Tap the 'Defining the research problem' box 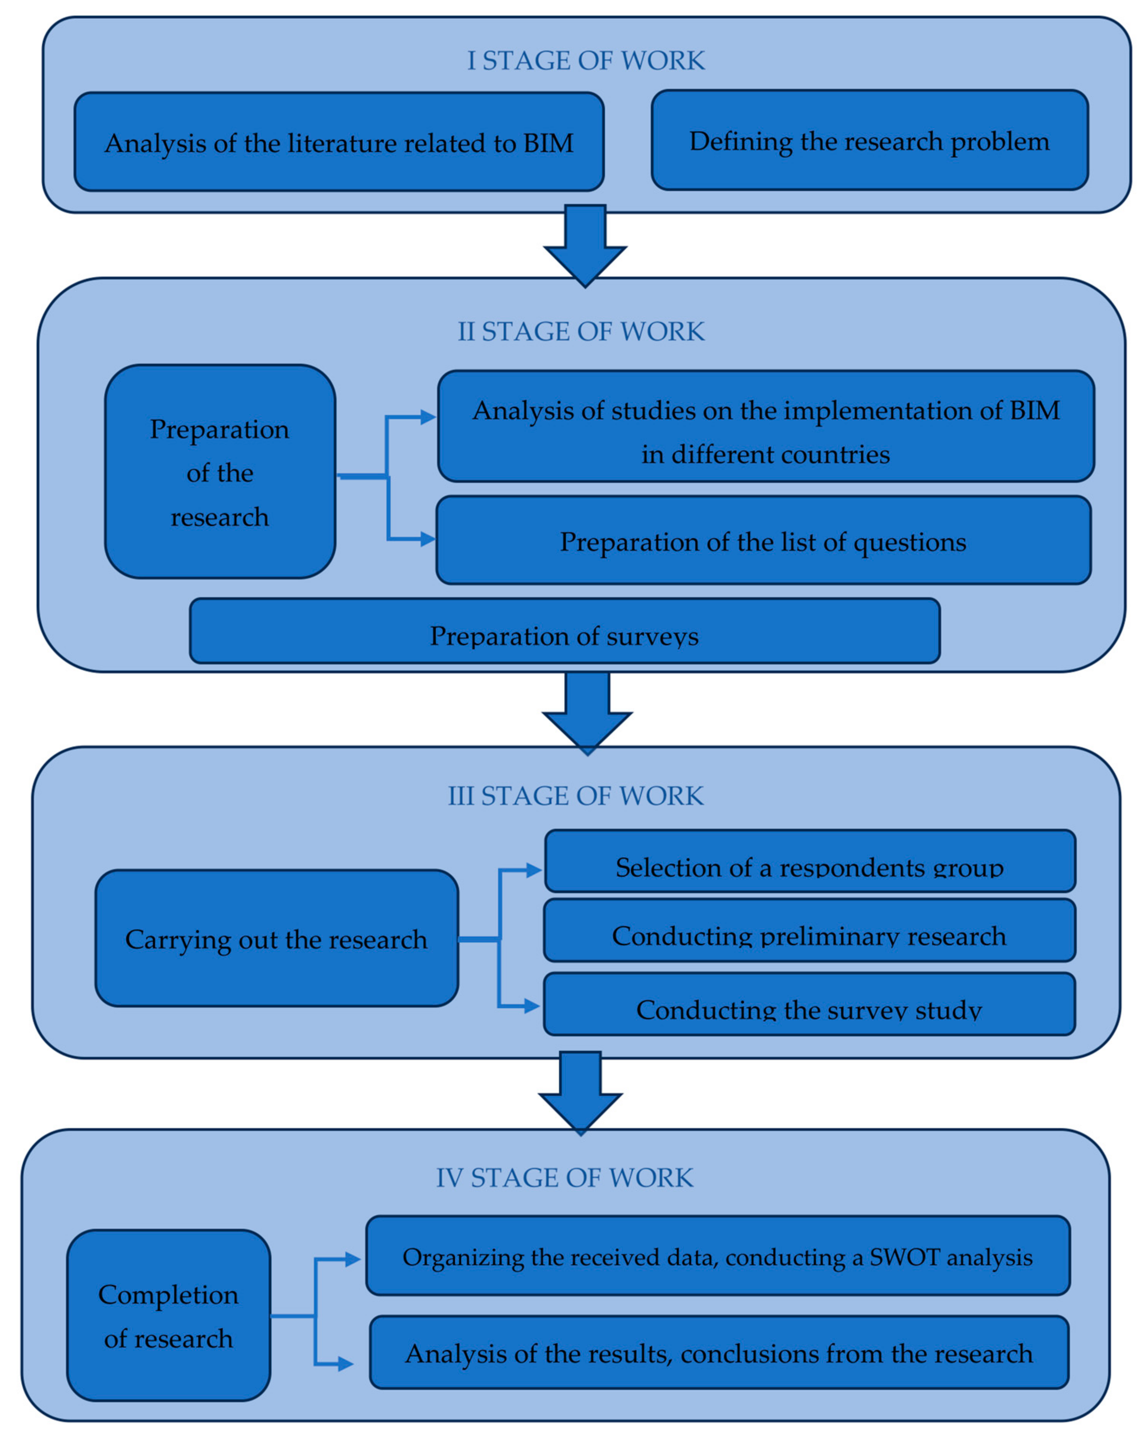click(869, 140)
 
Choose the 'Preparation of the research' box click(220, 472)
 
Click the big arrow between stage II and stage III click(587, 711)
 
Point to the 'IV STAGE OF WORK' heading click(564, 1177)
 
